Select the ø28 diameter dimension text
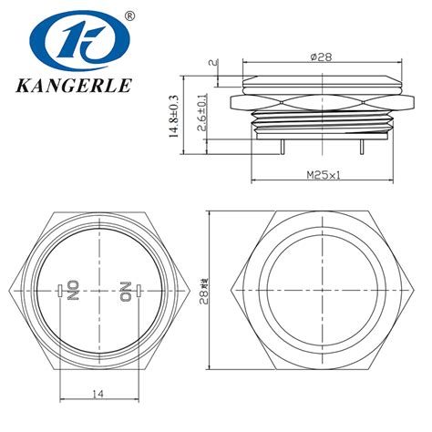point(321,57)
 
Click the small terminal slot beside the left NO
point(60,292)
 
